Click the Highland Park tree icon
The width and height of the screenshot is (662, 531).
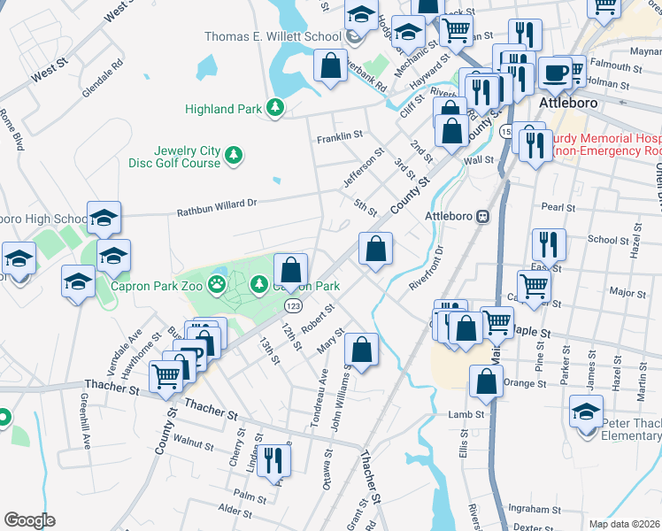276,108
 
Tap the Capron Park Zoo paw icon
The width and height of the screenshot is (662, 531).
217,285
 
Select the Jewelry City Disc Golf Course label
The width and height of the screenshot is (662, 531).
187,157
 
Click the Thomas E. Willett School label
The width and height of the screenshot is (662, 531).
273,36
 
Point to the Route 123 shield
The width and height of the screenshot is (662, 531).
290,304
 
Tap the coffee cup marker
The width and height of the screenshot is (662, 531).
555,72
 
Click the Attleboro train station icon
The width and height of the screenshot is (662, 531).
483,216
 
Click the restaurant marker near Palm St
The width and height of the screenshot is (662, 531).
274,458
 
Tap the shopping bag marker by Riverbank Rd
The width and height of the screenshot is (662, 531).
330,65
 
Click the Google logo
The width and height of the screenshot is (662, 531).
29,519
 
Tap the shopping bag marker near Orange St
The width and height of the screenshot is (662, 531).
486,381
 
